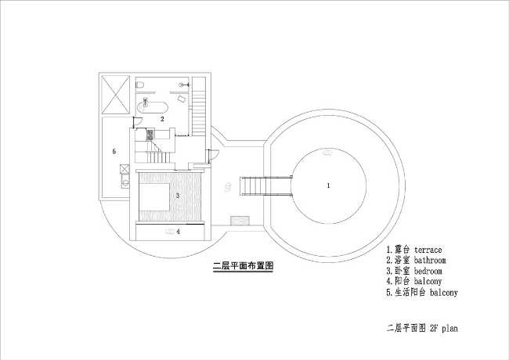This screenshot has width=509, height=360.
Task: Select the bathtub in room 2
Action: (152, 106)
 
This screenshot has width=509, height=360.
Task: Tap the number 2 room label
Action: (162, 119)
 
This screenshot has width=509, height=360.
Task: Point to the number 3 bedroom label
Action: (178, 196)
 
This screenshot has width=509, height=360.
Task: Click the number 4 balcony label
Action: (178, 232)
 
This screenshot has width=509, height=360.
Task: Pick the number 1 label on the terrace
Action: (328, 185)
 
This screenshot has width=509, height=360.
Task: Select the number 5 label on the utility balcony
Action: (114, 151)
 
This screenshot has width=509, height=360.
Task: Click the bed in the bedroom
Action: (154, 197)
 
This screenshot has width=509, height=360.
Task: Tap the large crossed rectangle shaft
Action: (115, 95)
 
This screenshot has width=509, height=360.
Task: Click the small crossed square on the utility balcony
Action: (125, 169)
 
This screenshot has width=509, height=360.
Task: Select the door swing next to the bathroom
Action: (137, 122)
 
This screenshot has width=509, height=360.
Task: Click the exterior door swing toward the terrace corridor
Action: (213, 154)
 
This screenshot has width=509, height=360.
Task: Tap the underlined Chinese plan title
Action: (243, 266)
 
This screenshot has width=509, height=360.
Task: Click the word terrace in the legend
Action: (428, 250)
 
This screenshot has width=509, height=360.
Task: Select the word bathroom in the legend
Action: (430, 260)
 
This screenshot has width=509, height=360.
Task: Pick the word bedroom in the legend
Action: (428, 271)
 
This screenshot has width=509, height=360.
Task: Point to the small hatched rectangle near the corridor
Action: (240, 221)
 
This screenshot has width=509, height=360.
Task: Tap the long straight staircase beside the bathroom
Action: (199, 106)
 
